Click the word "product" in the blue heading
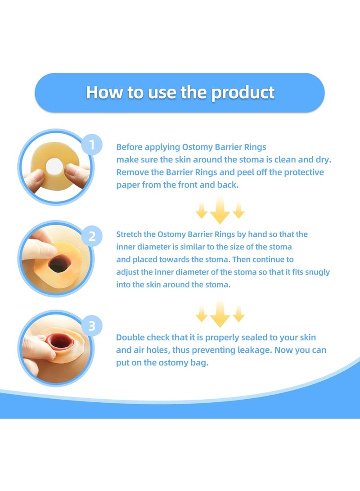pyautogui.click(x=243, y=92)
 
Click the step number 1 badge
pyautogui.click(x=92, y=145)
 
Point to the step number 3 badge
pyautogui.click(x=92, y=326)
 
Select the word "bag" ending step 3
pyautogui.click(x=200, y=363)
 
